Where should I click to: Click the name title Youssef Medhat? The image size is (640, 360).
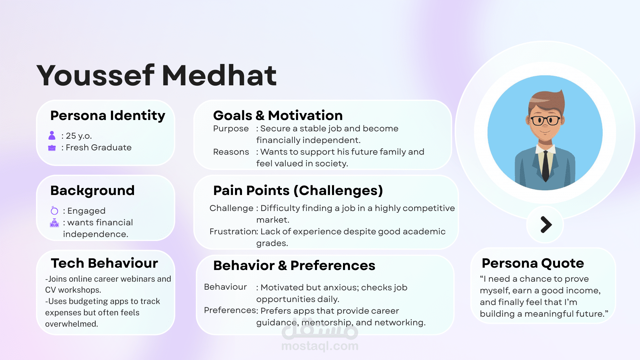157,75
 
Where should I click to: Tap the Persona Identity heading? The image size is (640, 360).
108,116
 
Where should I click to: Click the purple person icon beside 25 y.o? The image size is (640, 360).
52,135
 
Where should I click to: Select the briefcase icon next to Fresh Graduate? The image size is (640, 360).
52,148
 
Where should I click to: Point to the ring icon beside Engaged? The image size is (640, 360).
54,210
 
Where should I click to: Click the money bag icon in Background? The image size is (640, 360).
54,223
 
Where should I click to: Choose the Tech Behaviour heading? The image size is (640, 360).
104,263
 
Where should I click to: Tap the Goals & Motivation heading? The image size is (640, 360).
278,115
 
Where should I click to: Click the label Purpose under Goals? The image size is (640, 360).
231,129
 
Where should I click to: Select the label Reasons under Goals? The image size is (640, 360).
231,152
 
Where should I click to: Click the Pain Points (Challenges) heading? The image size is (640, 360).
298,191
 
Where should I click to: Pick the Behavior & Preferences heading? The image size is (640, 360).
294,266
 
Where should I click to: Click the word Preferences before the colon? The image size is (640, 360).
230,310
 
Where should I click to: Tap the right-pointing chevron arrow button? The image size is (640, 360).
546,224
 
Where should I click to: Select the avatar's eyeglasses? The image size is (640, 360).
545,120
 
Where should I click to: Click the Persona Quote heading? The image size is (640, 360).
533,263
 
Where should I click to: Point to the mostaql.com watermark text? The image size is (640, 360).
320,346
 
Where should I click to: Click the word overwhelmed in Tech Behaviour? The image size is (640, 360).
71,324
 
